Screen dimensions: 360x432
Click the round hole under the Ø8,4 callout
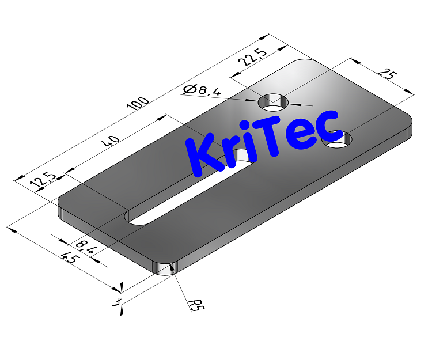(274, 102)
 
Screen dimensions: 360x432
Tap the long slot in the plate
(190, 190)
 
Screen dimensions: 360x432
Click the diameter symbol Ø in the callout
(188, 90)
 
